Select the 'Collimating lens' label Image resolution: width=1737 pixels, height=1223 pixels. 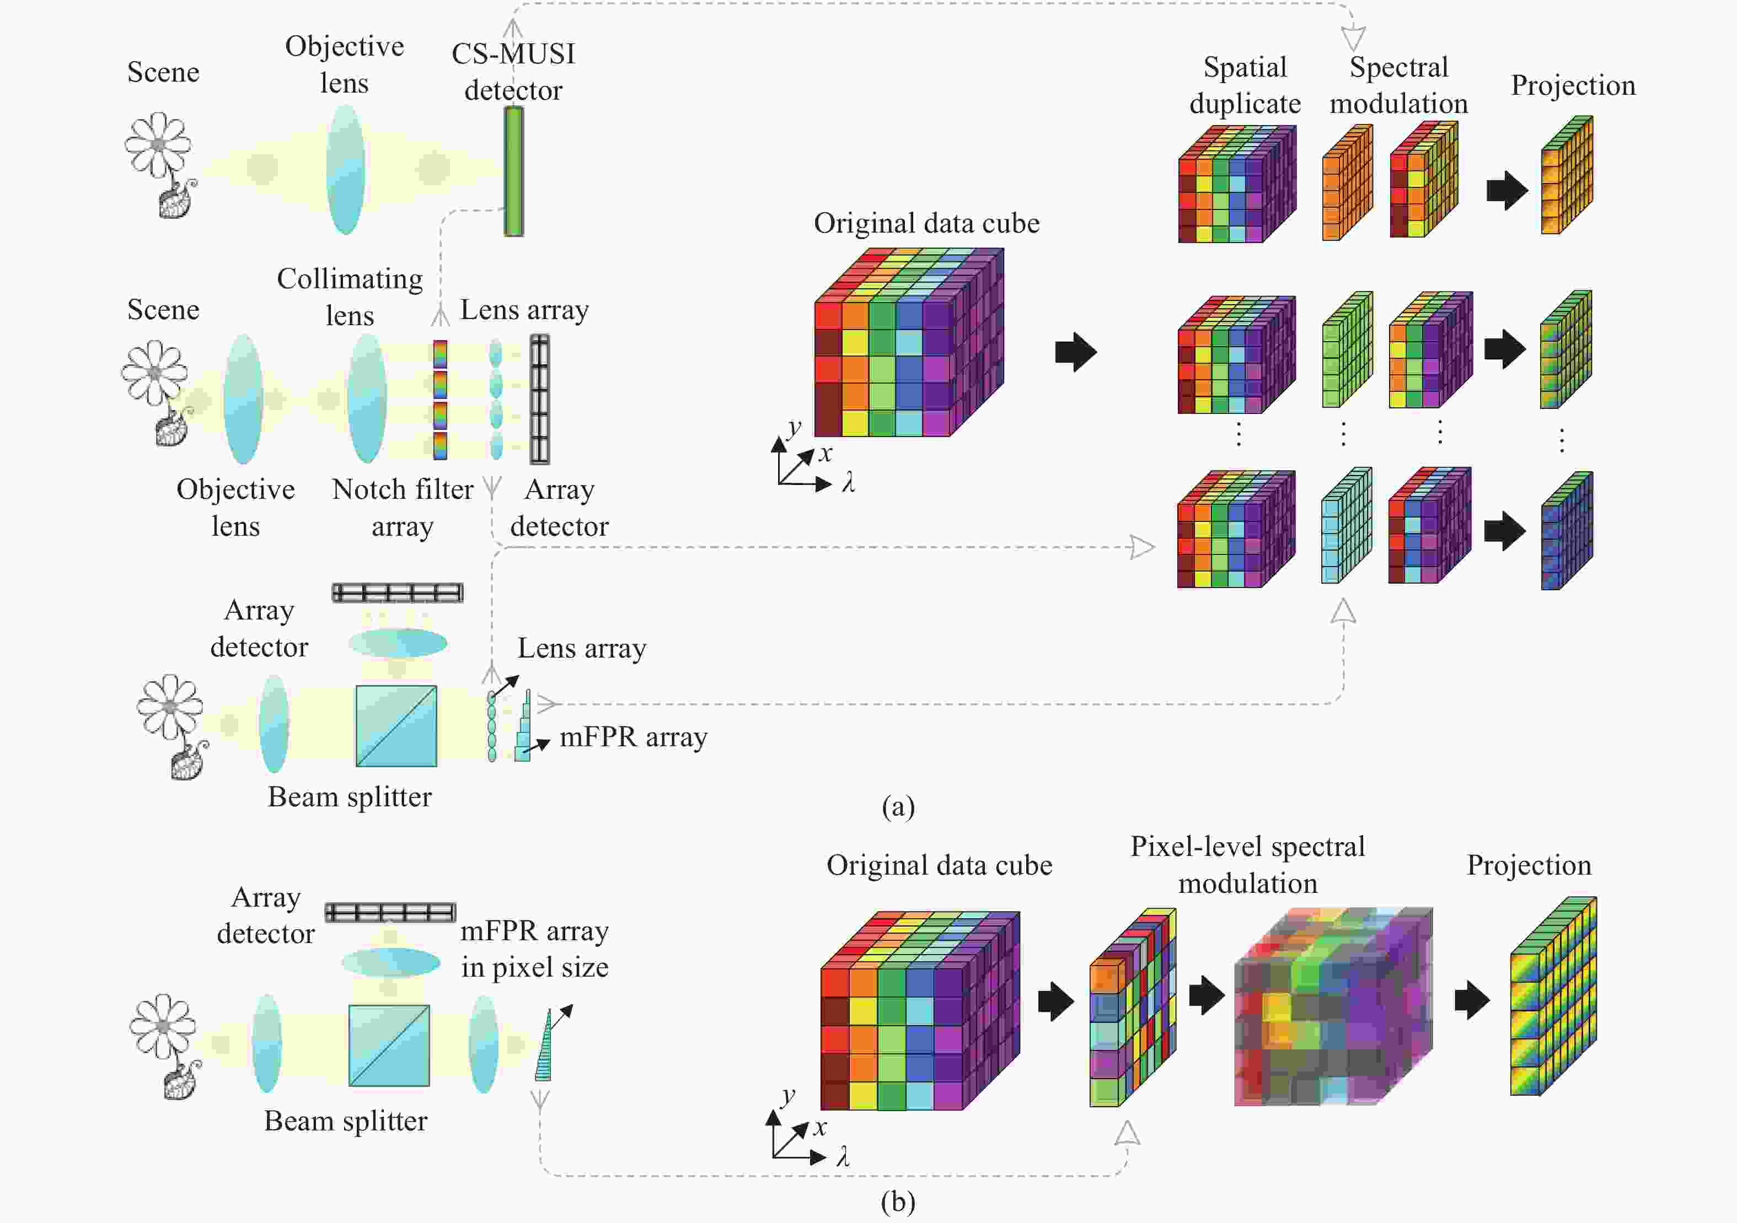click(350, 297)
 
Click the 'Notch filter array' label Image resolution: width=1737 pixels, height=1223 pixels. click(403, 508)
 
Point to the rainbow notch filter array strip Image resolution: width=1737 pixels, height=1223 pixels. click(439, 400)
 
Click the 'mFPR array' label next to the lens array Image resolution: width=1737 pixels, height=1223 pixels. click(633, 737)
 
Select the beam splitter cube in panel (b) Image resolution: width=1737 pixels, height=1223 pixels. click(389, 1046)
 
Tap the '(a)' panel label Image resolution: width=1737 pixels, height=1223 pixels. click(898, 806)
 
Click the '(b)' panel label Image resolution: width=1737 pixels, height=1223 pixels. click(898, 1201)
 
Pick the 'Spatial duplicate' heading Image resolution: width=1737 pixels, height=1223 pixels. click(1245, 85)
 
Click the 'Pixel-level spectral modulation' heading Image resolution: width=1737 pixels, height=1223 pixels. click(1247, 865)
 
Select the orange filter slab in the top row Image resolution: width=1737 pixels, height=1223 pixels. click(1347, 183)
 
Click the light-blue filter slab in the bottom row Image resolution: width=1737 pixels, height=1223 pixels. click(1346, 526)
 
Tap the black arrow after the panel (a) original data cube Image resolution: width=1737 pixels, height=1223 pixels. click(1076, 352)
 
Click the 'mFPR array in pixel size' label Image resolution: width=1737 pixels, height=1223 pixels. click(534, 949)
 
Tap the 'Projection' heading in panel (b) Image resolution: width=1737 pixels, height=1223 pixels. click(1529, 865)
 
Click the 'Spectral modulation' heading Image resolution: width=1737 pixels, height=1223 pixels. click(1399, 85)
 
